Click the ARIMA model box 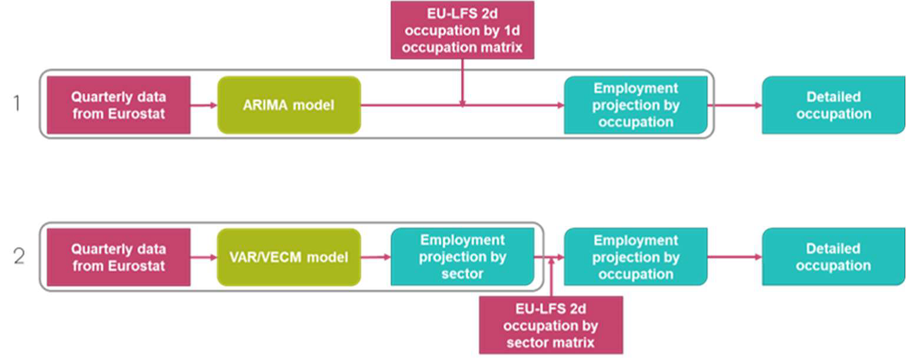point(289,105)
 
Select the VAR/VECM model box point(289,257)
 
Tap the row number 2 point(18,257)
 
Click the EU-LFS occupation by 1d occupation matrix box point(462,30)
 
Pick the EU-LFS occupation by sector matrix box point(551,325)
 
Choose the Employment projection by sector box point(462,257)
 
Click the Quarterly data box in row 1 point(119,105)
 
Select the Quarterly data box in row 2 point(119,257)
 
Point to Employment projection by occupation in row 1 point(635,105)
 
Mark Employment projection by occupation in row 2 point(635,257)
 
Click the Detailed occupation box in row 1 point(833,105)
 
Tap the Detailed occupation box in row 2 point(833,257)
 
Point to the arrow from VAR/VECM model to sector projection point(375,257)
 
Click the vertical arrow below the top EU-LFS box point(462,82)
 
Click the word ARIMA point(265,105)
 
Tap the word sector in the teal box point(462,274)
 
